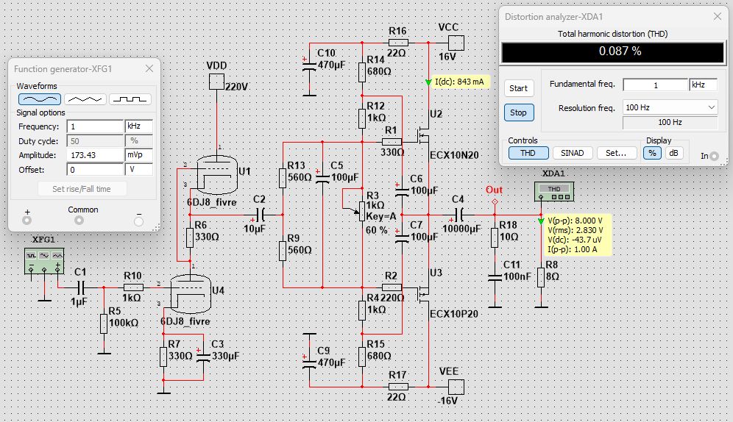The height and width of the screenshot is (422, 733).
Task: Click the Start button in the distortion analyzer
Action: [519, 88]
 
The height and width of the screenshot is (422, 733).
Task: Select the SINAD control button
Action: [573, 153]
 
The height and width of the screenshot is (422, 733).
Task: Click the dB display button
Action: [673, 153]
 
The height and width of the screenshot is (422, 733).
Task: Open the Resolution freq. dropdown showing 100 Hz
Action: [670, 107]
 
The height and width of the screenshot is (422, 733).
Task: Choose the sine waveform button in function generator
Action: [40, 99]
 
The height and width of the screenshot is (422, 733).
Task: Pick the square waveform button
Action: [130, 99]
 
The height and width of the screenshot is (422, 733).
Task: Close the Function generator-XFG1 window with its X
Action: [149, 68]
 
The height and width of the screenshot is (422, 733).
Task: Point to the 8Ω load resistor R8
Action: [541, 277]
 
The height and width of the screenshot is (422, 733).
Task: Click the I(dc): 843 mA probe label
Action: [459, 82]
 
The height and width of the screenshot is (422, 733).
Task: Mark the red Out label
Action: [494, 190]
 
